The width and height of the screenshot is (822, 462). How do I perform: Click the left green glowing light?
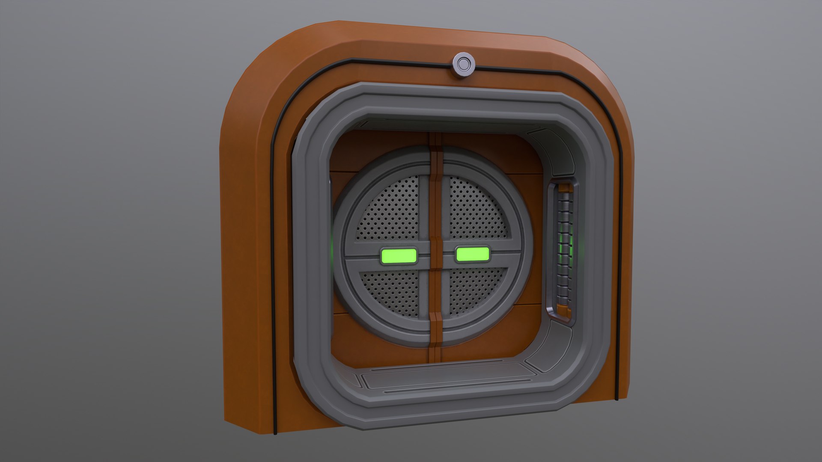pyautogui.click(x=399, y=256)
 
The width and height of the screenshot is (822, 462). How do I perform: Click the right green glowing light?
pyautogui.click(x=473, y=254)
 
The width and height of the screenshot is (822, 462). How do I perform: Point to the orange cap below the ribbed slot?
pyautogui.click(x=563, y=310)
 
